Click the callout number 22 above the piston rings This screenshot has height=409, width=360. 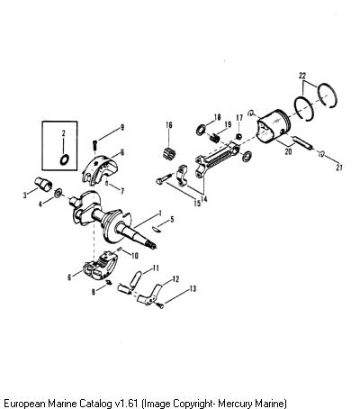tap(302, 76)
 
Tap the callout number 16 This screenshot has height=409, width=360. tap(169, 125)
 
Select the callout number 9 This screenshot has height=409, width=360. tap(122, 127)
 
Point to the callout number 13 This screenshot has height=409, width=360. tap(193, 288)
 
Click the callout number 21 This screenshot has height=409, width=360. tap(339, 168)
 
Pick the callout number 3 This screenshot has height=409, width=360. tap(25, 195)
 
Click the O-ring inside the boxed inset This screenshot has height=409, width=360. tap(65, 159)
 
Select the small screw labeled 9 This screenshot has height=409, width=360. tap(94, 145)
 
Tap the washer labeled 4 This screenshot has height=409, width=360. tap(58, 193)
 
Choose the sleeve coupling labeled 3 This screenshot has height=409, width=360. tap(42, 184)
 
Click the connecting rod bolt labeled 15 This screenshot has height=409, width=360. tap(165, 178)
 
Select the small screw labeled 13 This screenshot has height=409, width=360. tap(160, 305)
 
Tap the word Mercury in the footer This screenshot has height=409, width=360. tap(235, 403)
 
